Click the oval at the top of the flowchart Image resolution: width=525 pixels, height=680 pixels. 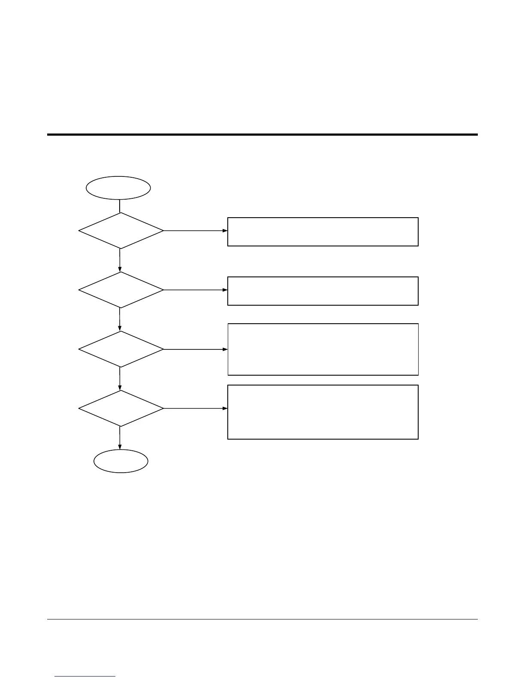(x=118, y=188)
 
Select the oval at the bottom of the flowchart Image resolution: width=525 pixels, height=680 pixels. (x=121, y=461)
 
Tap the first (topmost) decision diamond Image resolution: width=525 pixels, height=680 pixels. (x=121, y=231)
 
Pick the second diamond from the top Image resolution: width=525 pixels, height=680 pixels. (x=121, y=290)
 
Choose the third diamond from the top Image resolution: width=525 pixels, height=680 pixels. (x=121, y=349)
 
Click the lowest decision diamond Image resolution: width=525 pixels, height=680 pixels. (x=121, y=408)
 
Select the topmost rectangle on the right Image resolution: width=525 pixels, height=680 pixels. (x=323, y=232)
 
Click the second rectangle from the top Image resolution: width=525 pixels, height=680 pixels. (x=323, y=291)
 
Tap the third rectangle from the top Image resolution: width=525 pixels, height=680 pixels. (x=323, y=349)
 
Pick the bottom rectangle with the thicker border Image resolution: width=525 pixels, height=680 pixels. (x=323, y=412)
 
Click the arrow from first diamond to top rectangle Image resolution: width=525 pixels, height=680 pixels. (x=196, y=231)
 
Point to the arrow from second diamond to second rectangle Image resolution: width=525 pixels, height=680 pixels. (x=196, y=290)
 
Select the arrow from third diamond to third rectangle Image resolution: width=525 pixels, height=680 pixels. (x=196, y=349)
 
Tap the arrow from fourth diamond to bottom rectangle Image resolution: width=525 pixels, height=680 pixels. (x=196, y=408)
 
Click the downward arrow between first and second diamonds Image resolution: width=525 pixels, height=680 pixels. (x=120, y=260)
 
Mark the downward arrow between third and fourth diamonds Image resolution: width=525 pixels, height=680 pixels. (x=120, y=379)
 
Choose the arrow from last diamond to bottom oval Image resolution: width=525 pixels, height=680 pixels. (x=120, y=438)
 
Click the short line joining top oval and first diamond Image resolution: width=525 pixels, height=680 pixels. (x=120, y=206)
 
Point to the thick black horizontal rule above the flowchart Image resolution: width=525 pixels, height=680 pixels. (x=262, y=135)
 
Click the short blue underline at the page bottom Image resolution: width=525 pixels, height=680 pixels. (x=85, y=677)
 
